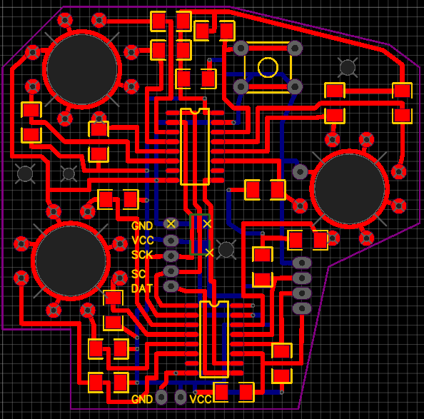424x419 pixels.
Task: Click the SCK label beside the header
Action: coord(142,255)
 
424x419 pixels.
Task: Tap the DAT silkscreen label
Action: coord(142,288)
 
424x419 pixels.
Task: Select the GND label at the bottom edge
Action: coord(142,399)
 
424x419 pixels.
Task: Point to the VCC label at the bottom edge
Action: coord(201,399)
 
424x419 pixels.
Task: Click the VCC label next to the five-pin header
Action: coord(143,240)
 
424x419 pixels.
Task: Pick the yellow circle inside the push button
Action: coord(268,68)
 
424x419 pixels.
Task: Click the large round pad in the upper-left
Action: coord(82,69)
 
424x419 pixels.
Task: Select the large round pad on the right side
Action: coord(350,188)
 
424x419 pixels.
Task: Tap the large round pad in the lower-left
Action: coord(71,261)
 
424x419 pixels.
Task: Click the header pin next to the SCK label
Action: coord(171,256)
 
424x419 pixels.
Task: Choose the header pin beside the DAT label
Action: coord(171,286)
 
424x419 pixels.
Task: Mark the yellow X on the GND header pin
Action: coord(171,223)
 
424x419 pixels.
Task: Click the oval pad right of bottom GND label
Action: coord(162,397)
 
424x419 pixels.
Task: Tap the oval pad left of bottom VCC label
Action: coord(181,397)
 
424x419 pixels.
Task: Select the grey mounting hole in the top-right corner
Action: coord(347,67)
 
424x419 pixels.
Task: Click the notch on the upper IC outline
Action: coord(194,111)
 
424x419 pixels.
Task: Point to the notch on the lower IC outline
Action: coord(214,303)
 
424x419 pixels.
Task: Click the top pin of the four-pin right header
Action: coord(302,263)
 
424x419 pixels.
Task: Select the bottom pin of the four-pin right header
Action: coord(302,308)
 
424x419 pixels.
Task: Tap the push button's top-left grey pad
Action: coord(241,49)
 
